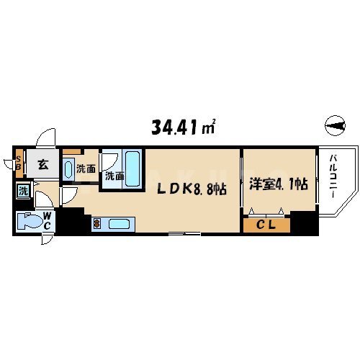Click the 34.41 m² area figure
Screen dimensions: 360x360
pos(184,128)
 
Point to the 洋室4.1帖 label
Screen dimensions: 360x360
pos(278,184)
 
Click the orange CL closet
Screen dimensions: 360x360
pos(266,225)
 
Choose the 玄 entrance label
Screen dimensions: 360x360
pos(42,166)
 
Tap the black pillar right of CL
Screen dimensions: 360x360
pos(308,224)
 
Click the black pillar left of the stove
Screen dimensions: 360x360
pos(72,222)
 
